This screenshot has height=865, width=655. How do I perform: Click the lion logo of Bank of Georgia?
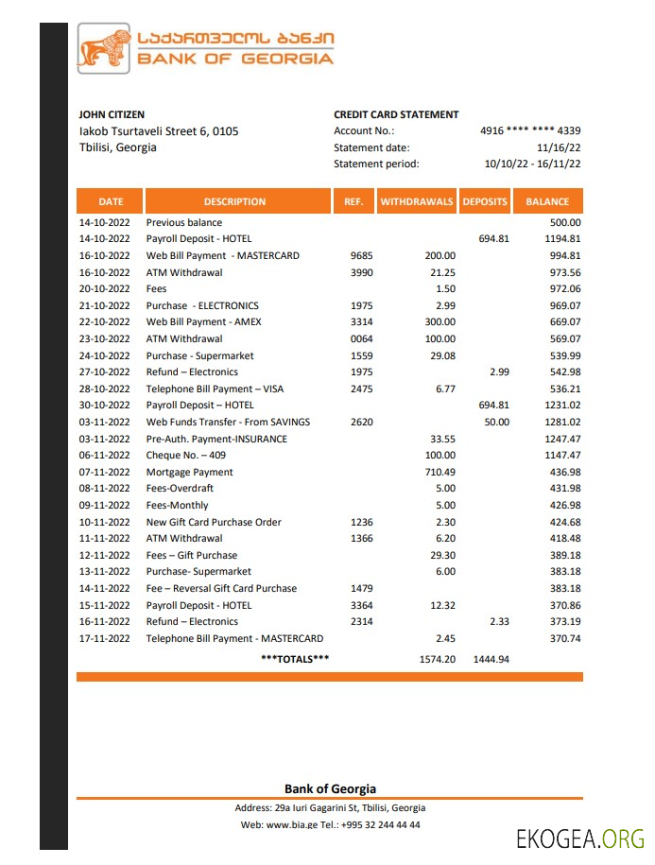point(103,50)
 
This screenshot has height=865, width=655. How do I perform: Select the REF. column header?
point(353,201)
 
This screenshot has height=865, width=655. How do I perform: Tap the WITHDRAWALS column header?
point(417,201)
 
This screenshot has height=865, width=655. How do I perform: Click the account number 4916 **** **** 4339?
point(530,131)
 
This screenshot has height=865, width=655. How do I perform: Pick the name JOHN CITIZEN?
point(112,114)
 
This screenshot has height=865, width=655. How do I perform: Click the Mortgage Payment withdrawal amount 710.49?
point(440,472)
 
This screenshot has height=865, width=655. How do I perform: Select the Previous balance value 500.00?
point(564,222)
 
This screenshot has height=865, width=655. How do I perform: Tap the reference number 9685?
point(362,255)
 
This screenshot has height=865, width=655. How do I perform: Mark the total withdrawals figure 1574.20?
point(438,659)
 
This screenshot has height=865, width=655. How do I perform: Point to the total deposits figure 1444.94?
point(491,659)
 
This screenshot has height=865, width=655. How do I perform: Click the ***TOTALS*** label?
point(294,658)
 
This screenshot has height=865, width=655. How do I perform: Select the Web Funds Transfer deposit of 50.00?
point(497,422)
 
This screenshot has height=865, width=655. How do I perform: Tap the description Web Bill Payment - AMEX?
point(203,321)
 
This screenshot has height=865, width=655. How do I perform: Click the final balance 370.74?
point(564,638)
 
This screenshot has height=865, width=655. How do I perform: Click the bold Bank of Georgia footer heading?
point(330,788)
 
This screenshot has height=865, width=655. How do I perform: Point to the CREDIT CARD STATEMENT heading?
point(396,114)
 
